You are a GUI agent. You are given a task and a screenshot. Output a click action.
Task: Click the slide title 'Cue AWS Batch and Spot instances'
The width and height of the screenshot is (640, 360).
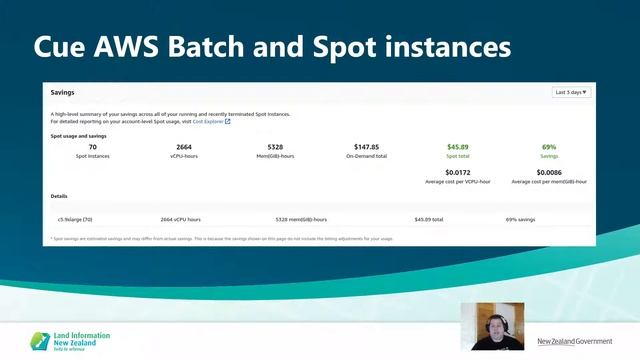click(272, 47)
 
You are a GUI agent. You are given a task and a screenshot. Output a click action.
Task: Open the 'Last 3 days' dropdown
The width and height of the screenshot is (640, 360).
click(571, 92)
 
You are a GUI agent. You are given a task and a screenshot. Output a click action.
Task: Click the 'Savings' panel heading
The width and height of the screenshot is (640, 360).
click(63, 92)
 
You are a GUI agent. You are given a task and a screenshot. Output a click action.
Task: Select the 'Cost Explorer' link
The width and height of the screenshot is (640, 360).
click(208, 121)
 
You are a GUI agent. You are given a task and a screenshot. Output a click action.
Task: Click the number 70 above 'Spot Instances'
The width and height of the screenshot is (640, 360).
click(93, 147)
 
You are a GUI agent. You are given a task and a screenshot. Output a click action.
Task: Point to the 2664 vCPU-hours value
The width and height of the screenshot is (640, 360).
click(184, 147)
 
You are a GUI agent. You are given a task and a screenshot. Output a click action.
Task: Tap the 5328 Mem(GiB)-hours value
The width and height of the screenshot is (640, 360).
click(275, 147)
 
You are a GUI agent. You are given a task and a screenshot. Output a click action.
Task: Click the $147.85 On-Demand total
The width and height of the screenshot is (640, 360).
click(366, 147)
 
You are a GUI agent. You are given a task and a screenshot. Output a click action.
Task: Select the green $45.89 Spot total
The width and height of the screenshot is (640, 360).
click(458, 147)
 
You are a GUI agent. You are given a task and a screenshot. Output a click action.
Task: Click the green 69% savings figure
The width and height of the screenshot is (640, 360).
click(549, 147)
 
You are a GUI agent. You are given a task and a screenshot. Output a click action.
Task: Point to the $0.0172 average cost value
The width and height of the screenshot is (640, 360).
click(458, 174)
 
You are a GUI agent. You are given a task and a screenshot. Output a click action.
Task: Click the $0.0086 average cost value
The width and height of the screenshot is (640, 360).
click(549, 174)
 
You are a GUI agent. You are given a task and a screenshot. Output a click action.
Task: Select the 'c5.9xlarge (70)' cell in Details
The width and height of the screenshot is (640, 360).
click(75, 219)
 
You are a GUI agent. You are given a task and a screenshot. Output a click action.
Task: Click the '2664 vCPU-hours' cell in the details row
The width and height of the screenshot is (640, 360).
click(181, 219)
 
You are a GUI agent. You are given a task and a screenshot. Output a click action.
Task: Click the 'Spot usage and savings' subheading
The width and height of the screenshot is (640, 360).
click(78, 135)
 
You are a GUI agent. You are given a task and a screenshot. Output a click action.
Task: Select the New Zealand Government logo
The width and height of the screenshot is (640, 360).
click(574, 341)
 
